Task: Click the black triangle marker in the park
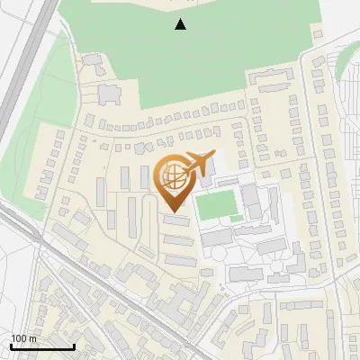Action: (x=181, y=24)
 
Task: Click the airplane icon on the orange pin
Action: (x=200, y=165)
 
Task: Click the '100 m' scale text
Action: (x=23, y=338)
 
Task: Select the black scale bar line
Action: (x=42, y=346)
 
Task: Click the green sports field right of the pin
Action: (x=217, y=206)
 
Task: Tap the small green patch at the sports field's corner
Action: (x=237, y=219)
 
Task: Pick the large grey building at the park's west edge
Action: (x=109, y=92)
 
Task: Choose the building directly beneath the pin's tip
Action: (x=176, y=220)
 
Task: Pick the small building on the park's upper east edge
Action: (x=316, y=32)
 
